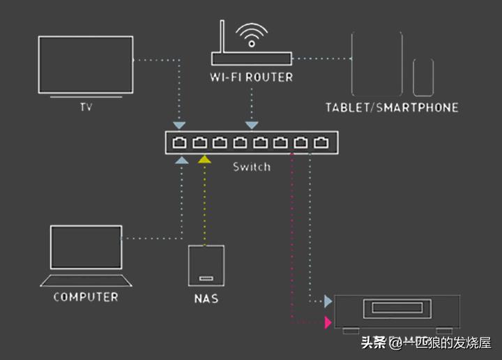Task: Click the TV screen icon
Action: (x=85, y=66)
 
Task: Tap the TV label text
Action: (x=86, y=107)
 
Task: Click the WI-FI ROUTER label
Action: (x=251, y=77)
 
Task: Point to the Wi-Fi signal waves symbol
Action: (x=251, y=33)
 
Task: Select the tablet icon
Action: (x=376, y=63)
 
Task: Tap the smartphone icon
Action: (x=423, y=77)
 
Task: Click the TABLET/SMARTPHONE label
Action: (x=392, y=107)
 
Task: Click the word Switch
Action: (x=251, y=167)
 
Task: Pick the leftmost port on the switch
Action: (x=180, y=143)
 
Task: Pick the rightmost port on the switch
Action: (x=321, y=143)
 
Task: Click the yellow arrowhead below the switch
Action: (x=204, y=160)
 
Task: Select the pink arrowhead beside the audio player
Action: (x=328, y=322)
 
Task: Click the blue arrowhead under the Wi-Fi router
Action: (x=252, y=125)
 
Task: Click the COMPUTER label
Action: (x=86, y=297)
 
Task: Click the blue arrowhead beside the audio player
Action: (x=328, y=301)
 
